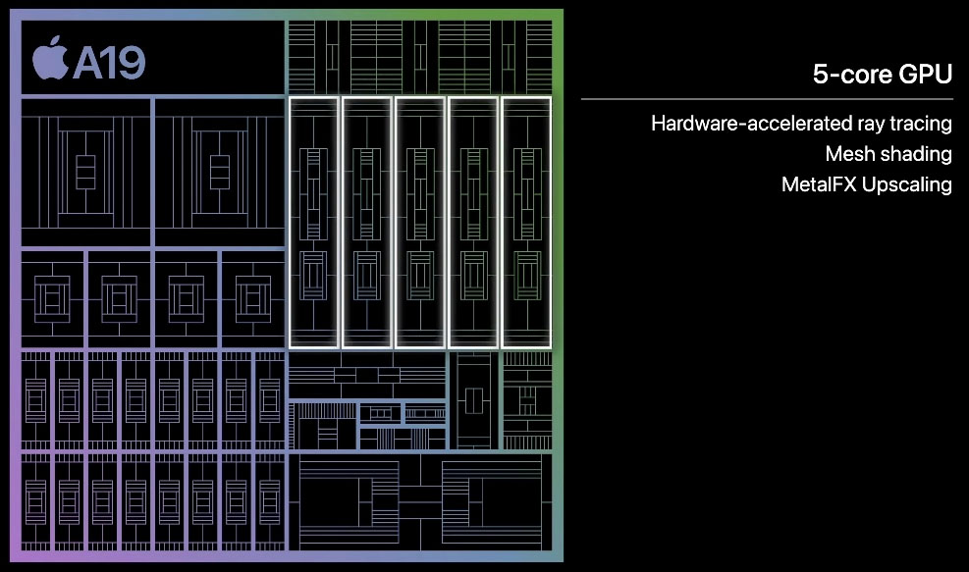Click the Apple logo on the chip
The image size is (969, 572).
tap(50, 60)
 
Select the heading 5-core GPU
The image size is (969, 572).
tap(882, 74)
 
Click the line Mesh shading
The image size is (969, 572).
tap(888, 154)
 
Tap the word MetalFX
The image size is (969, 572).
tap(818, 184)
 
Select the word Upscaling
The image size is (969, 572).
tap(907, 184)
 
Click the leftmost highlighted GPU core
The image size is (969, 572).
tap(313, 222)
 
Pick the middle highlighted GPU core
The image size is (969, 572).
tap(420, 222)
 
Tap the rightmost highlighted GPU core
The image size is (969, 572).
tap(526, 222)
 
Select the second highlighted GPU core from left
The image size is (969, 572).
tap(367, 222)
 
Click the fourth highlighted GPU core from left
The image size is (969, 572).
tap(473, 222)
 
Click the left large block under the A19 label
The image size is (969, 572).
tap(85, 172)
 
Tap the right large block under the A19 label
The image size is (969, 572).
tap(219, 172)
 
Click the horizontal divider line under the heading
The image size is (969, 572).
tap(766, 99)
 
